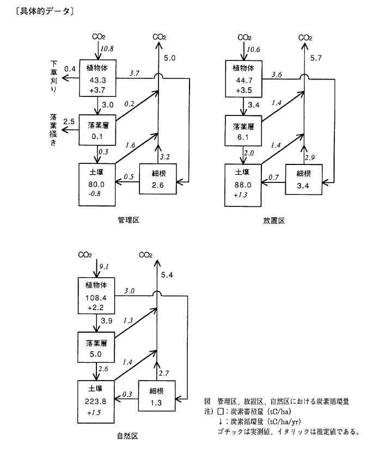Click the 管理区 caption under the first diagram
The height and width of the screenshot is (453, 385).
tap(129, 220)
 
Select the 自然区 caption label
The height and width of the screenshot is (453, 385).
tap(126, 436)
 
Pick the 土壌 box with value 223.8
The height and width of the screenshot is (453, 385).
tap(97, 402)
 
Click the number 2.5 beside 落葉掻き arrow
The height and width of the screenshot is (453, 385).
tap(69, 121)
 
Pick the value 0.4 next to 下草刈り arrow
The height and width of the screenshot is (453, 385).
tap(70, 69)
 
